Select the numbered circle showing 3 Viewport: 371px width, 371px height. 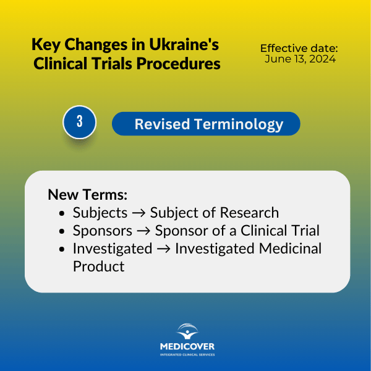coord(79,122)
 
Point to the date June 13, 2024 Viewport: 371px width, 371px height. coord(300,59)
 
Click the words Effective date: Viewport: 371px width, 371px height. coord(299,48)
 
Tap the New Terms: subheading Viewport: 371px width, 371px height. coord(88,195)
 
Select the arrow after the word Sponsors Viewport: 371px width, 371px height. coord(143,231)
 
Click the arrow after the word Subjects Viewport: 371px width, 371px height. coord(139,213)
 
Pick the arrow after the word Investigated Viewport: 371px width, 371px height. coord(163,249)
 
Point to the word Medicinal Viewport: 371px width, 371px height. coord(289,249)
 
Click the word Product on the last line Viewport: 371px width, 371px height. coord(99,267)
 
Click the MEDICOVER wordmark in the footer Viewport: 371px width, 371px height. coord(187,346)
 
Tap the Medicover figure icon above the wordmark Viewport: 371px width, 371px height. coord(187,331)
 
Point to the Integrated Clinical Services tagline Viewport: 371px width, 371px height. coord(187,354)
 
